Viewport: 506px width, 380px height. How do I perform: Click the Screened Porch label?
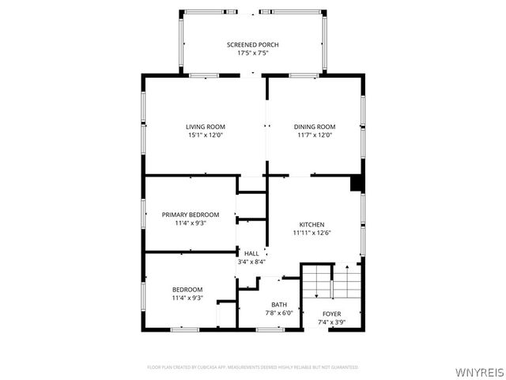pyautogui.click(x=253, y=45)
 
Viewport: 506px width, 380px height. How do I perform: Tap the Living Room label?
pyautogui.click(x=206, y=127)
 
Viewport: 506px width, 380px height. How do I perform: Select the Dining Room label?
pyautogui.click(x=315, y=127)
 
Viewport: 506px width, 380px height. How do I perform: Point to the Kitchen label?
pyautogui.click(x=312, y=225)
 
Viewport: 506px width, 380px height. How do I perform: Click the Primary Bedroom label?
pyautogui.click(x=190, y=215)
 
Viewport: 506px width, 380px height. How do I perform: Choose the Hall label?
pyautogui.click(x=251, y=253)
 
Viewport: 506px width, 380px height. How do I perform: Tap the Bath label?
pyautogui.click(x=279, y=305)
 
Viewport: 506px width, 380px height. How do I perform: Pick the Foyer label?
pyautogui.click(x=331, y=314)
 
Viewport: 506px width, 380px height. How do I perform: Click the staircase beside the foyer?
pyautogui.click(x=330, y=281)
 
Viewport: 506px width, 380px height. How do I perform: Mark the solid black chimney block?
pyautogui.click(x=357, y=183)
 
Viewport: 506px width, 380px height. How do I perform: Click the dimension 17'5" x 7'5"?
pyautogui.click(x=253, y=54)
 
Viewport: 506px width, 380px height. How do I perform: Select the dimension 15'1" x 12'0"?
pyautogui.click(x=206, y=135)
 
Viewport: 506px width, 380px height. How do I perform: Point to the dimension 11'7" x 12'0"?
pyautogui.click(x=315, y=135)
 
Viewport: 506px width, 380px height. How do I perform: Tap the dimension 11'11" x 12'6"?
pyautogui.click(x=312, y=233)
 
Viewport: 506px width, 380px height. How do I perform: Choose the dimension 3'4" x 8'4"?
pyautogui.click(x=251, y=262)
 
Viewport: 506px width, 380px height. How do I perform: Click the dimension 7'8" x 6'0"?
pyautogui.click(x=279, y=313)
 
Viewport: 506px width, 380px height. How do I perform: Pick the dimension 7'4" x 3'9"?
pyautogui.click(x=331, y=322)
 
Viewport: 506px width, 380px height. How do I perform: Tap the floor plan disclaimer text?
pyautogui.click(x=253, y=367)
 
